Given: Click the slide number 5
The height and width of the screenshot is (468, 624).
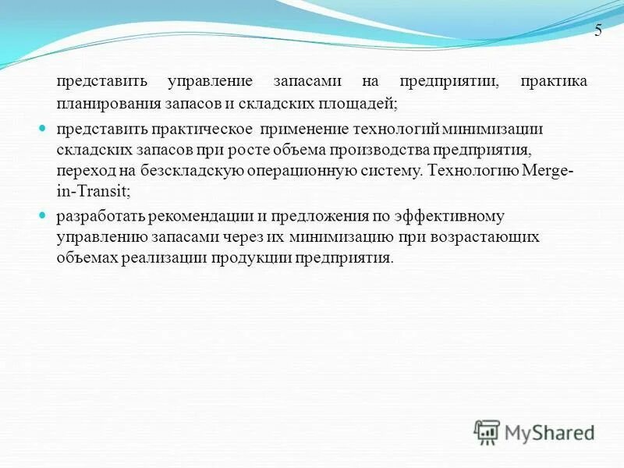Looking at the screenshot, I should coord(598,31).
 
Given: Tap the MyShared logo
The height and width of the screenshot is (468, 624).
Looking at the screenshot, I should coord(534,431).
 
